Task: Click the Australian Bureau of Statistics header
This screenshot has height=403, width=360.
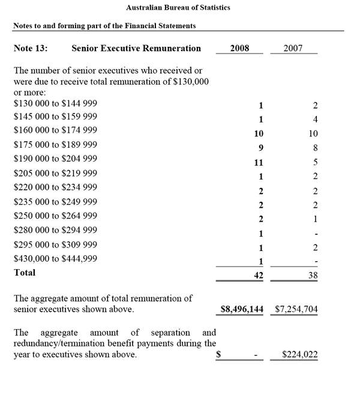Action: click(178, 8)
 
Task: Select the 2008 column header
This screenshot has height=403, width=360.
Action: click(239, 49)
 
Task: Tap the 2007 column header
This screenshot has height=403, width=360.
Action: click(293, 49)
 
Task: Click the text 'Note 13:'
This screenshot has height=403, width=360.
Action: click(31, 49)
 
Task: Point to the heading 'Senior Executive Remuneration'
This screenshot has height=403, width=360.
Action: click(136, 49)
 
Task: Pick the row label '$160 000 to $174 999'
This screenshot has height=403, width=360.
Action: click(55, 130)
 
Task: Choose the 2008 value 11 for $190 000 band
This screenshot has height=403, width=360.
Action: click(259, 162)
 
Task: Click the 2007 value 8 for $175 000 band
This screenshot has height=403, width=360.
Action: click(315, 148)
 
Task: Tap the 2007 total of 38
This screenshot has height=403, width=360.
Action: click(313, 276)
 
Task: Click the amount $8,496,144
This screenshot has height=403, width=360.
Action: click(242, 310)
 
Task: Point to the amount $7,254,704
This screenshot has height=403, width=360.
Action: click(296, 310)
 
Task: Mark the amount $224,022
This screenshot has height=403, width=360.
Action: click(300, 355)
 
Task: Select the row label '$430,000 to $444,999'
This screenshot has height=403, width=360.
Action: click(55, 259)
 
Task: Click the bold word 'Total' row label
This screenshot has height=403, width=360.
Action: click(25, 273)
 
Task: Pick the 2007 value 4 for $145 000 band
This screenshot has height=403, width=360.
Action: click(315, 119)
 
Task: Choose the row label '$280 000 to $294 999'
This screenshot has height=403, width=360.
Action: click(55, 230)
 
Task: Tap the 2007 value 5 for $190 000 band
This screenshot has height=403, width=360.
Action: click(315, 162)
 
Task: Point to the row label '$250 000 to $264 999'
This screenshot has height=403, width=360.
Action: click(55, 216)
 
